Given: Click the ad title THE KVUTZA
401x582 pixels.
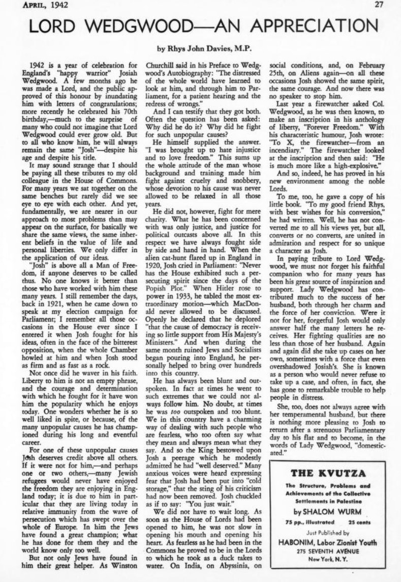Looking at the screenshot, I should [x=327, y=474].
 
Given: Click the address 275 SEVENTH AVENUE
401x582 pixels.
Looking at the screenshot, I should [x=327, y=551].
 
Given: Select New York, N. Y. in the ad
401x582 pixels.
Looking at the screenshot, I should [x=327, y=560].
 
